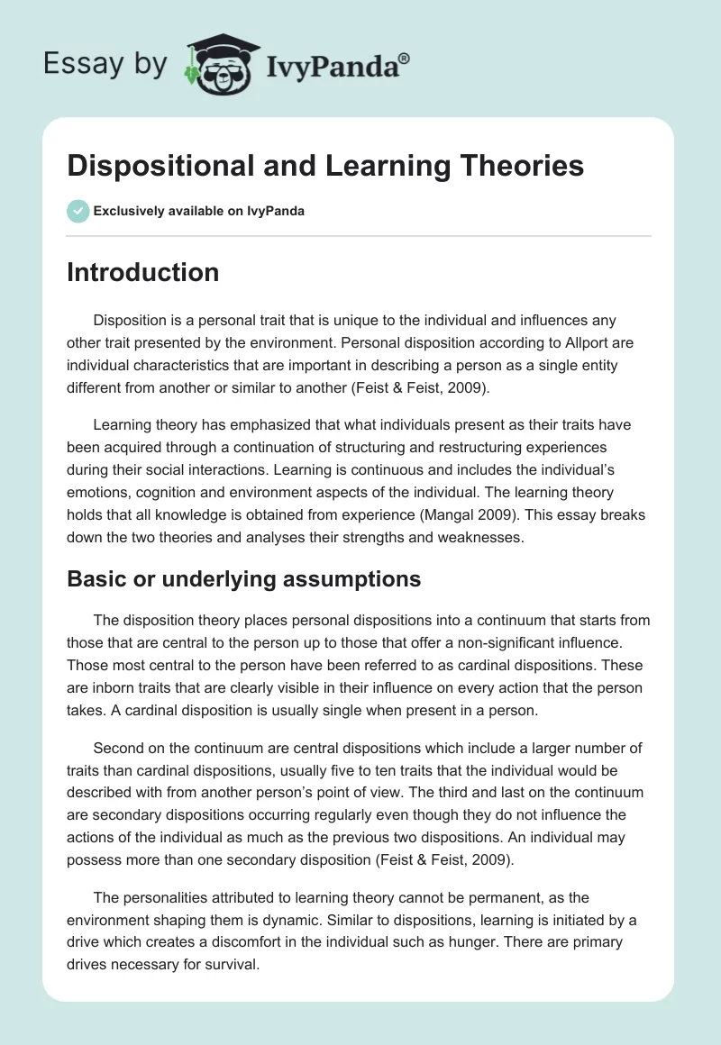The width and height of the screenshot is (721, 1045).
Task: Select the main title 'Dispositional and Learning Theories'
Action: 325,166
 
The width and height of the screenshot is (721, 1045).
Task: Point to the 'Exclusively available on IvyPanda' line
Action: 198,212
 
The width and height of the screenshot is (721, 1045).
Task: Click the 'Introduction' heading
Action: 142,272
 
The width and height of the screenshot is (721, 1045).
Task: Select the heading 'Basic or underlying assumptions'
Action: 243,579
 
